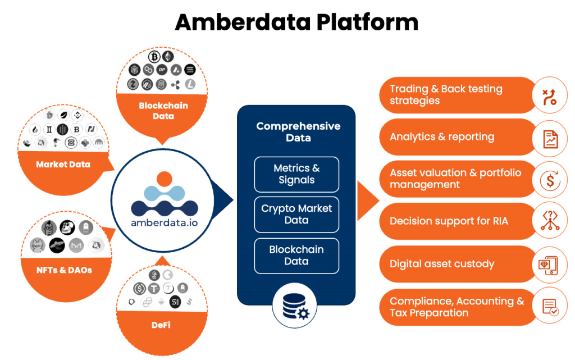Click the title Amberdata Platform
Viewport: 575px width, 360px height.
point(296,22)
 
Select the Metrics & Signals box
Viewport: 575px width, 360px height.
point(296,174)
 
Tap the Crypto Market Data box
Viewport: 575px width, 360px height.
point(296,214)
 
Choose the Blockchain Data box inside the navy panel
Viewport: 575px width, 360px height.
point(296,256)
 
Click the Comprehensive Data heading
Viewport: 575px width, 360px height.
point(298,132)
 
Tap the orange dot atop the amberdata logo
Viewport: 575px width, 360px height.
point(164,180)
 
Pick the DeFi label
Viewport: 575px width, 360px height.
point(161,325)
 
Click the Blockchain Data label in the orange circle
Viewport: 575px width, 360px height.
point(163,111)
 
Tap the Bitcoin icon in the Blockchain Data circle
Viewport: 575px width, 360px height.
point(154,57)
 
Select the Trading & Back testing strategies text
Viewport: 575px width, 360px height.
point(446,95)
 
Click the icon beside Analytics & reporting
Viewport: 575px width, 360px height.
point(549,137)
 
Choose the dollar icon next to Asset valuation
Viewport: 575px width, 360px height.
point(549,180)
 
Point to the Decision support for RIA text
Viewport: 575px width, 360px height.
point(449,221)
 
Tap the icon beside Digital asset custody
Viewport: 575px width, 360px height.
point(549,264)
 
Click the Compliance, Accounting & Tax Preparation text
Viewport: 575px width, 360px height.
point(457,307)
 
